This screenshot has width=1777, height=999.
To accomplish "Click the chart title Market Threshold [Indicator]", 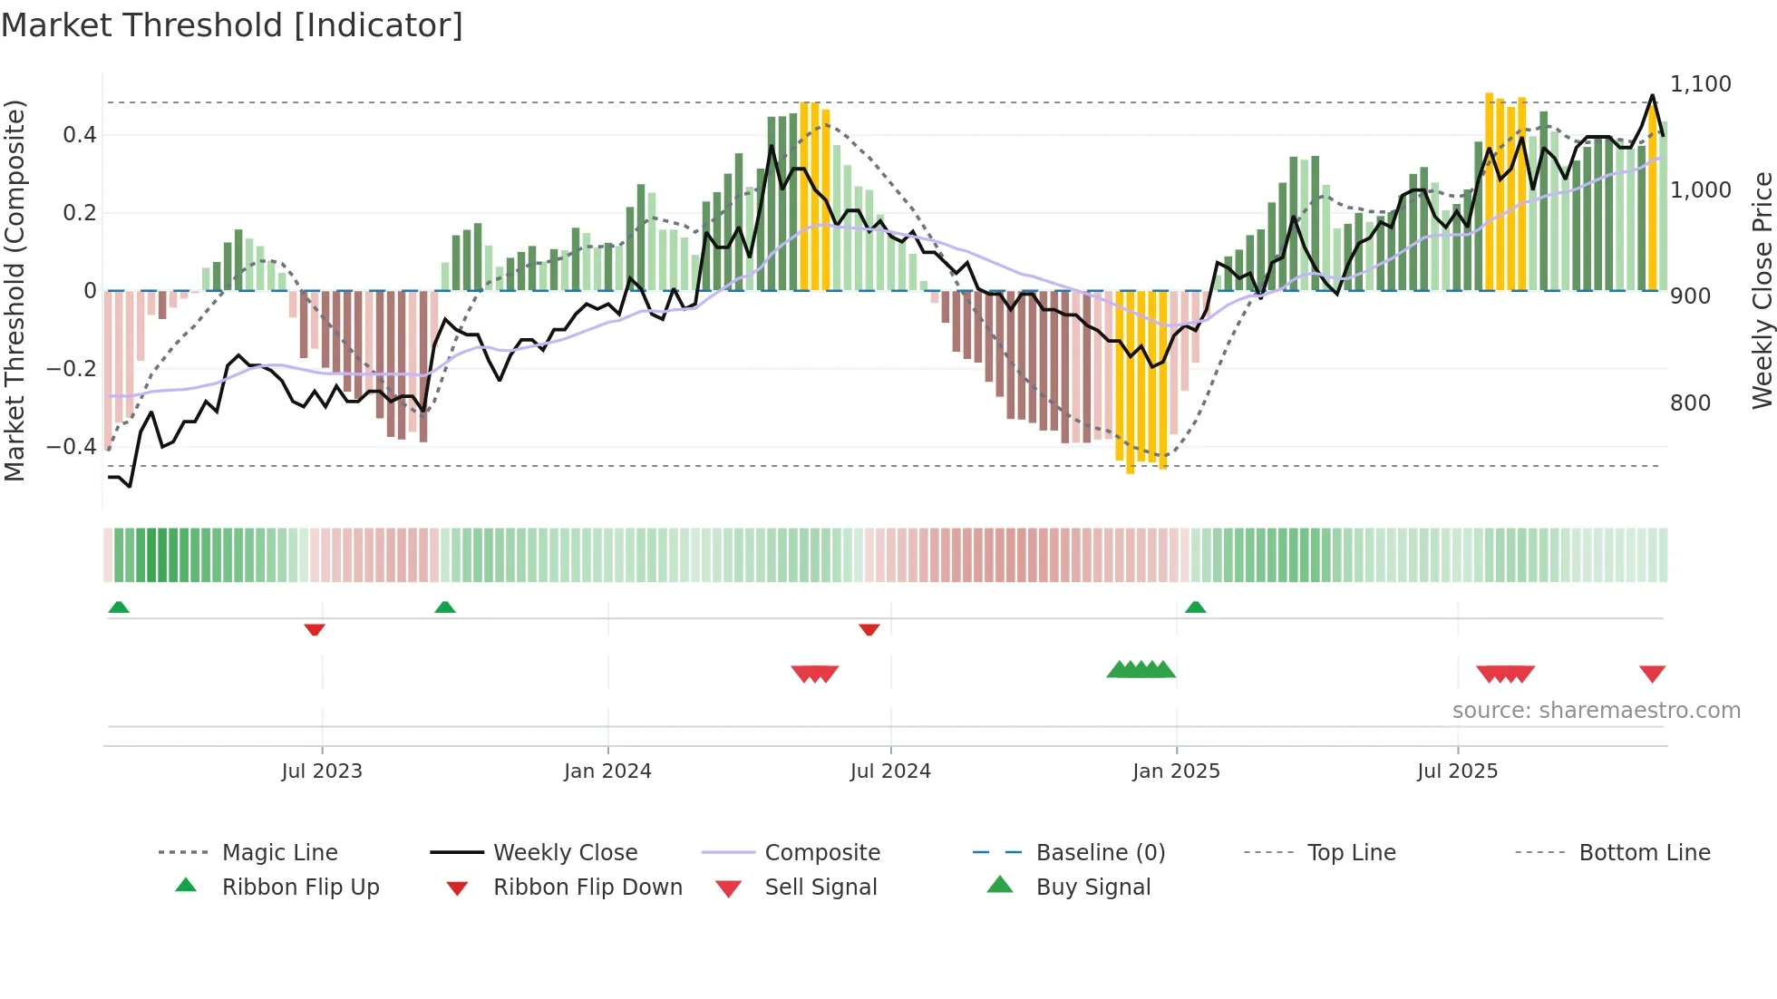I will [232, 25].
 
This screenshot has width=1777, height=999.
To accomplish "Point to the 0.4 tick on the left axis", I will [80, 135].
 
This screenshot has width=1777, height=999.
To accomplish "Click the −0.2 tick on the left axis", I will [72, 368].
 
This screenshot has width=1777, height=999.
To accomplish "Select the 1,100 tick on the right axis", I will [1701, 84].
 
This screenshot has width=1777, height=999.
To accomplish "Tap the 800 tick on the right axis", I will [1690, 403].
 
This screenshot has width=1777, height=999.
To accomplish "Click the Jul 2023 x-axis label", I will [322, 771].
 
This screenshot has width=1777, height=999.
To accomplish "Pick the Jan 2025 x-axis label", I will [1176, 771].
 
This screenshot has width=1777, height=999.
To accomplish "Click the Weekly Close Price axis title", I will [1762, 290].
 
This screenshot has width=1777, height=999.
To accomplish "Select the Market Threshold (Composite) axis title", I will [15, 290].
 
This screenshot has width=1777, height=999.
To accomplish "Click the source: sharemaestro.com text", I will [1596, 711].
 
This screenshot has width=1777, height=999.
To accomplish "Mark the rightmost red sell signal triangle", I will [1652, 674].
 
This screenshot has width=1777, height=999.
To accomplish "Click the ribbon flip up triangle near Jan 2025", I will [1195, 607].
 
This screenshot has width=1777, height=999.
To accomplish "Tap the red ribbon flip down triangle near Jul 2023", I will [315, 629].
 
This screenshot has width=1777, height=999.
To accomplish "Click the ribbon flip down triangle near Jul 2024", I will [869, 629].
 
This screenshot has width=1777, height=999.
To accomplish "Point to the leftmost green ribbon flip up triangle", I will [119, 607].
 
